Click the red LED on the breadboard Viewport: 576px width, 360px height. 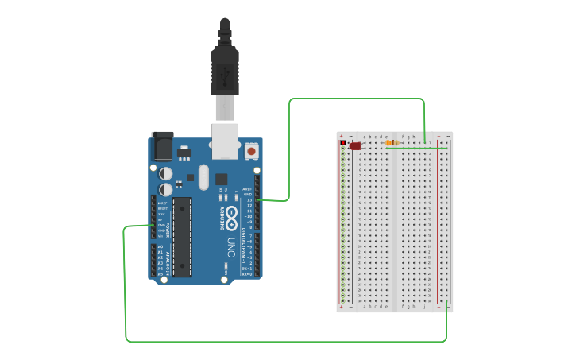(355, 146)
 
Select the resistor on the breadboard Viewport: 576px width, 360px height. (392, 143)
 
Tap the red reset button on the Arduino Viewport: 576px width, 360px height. (251, 150)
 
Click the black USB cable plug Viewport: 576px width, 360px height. (225, 72)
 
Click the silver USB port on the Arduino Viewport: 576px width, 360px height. (225, 136)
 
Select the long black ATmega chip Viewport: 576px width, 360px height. (182, 237)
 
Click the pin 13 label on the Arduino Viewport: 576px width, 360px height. (249, 200)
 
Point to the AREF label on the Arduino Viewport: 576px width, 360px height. (247, 190)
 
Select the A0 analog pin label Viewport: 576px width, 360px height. (160, 247)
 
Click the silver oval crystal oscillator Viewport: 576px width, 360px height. (203, 176)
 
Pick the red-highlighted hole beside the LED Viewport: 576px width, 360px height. (343, 143)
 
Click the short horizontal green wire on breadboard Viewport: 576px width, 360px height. (417, 148)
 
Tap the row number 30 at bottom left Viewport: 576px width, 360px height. (359, 301)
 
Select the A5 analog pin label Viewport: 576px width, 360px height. (160, 274)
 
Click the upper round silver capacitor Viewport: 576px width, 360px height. (165, 173)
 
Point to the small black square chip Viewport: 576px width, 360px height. (221, 180)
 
